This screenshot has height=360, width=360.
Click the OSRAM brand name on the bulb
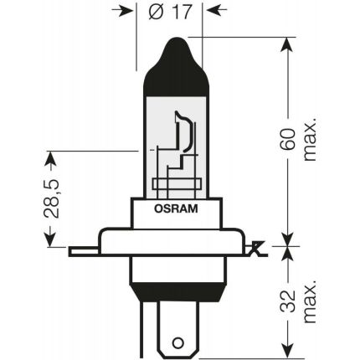176,209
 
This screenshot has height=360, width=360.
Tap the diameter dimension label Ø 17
170,13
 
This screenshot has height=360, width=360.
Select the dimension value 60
289,140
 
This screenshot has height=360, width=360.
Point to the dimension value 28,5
52,198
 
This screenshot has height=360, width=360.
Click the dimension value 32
289,301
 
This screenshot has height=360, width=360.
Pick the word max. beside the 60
311,139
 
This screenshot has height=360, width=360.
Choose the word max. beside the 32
311,301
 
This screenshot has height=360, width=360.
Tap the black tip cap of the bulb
176,66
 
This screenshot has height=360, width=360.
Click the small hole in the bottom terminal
177,342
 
